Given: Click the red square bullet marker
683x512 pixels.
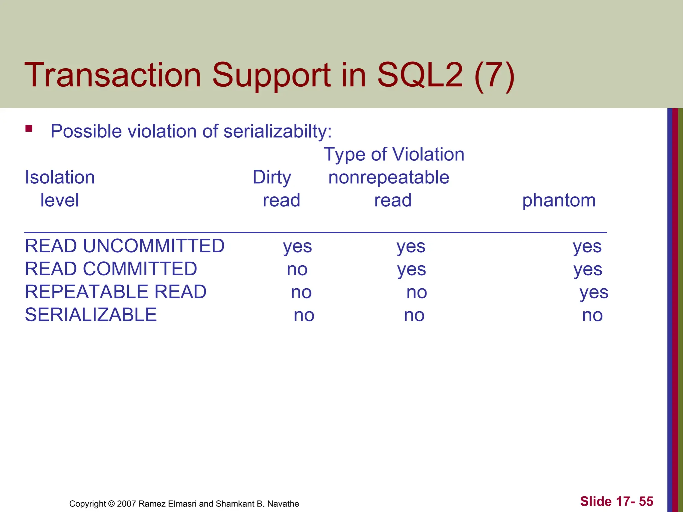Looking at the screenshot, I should pyautogui.click(x=29, y=128).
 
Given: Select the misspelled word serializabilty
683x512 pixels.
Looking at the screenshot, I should pyautogui.click(x=277, y=131).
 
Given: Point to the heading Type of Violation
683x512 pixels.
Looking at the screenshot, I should pyautogui.click(x=394, y=154).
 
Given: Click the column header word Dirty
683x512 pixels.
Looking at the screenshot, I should pyautogui.click(x=271, y=177).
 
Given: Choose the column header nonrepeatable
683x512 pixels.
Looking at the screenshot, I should pyautogui.click(x=389, y=177).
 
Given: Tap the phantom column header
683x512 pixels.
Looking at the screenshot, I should pyautogui.click(x=559, y=201).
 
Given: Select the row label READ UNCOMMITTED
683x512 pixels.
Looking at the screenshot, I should pyautogui.click(x=125, y=246).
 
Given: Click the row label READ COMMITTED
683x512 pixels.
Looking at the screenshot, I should pyautogui.click(x=111, y=269).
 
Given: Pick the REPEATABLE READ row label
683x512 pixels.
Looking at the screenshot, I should pyautogui.click(x=115, y=292).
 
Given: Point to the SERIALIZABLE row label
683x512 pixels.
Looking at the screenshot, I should pyautogui.click(x=91, y=315).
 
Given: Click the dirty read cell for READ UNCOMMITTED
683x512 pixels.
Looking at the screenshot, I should pyautogui.click(x=297, y=247).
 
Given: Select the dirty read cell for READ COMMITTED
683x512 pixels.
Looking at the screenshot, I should pyautogui.click(x=297, y=270).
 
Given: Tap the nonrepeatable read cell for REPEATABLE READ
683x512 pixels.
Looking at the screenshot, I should pyautogui.click(x=417, y=293).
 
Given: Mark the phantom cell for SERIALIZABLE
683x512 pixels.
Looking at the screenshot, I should pyautogui.click(x=592, y=315).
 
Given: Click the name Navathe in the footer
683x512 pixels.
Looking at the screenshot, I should pyautogui.click(x=283, y=504).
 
